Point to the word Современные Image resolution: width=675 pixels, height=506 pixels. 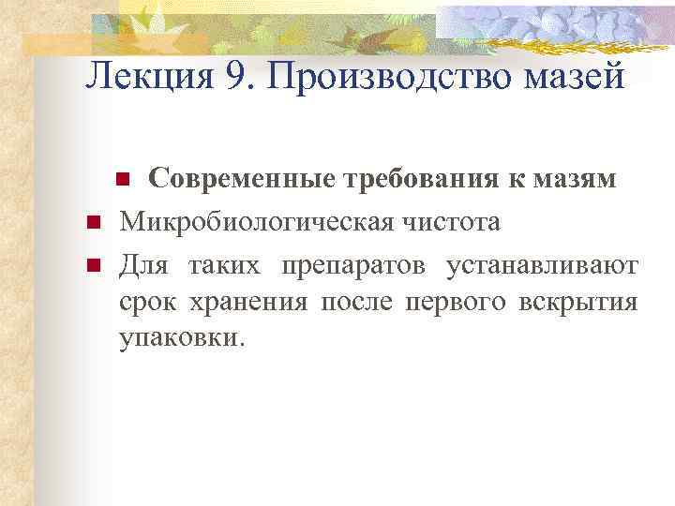click(247, 180)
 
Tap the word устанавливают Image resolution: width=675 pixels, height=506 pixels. click(543, 266)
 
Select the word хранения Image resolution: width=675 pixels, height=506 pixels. click(246, 303)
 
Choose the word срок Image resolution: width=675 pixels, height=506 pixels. click(145, 303)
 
